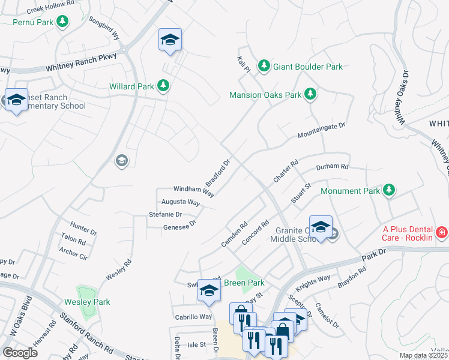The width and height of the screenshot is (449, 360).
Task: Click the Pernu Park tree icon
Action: click(62, 22)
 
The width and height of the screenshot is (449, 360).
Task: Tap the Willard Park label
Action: click(131, 86)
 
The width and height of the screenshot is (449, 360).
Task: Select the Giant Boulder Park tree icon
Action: click(263, 66)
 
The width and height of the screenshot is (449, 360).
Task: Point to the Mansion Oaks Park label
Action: click(265, 95)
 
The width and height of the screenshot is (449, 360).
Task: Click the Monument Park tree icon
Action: click(389, 190)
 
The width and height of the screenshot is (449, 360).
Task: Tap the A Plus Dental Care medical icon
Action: click(442, 232)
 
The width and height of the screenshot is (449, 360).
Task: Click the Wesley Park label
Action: click(88, 302)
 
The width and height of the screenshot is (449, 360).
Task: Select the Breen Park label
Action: click(244, 283)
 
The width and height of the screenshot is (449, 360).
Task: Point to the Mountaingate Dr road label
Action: click(322, 131)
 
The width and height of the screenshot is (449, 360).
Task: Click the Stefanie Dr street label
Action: click(165, 214)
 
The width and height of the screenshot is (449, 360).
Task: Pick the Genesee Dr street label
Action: click(179, 225)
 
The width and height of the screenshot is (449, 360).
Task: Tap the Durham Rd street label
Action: click(332, 166)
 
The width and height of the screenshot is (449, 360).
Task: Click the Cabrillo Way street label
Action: click(193, 317)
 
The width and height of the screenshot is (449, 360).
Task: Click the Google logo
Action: click(20, 352)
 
